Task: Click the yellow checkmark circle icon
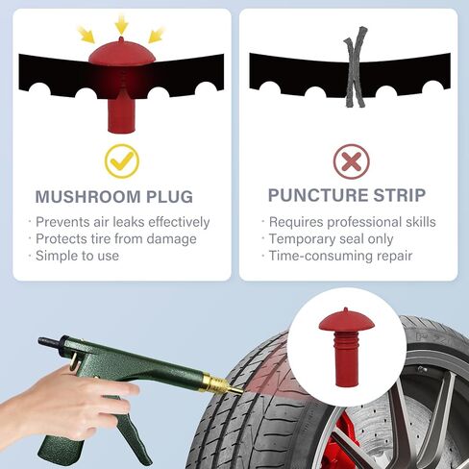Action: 121,160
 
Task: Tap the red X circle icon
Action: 351,160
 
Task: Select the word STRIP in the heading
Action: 398,196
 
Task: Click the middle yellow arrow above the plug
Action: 121,23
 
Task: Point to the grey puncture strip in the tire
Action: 352,66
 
